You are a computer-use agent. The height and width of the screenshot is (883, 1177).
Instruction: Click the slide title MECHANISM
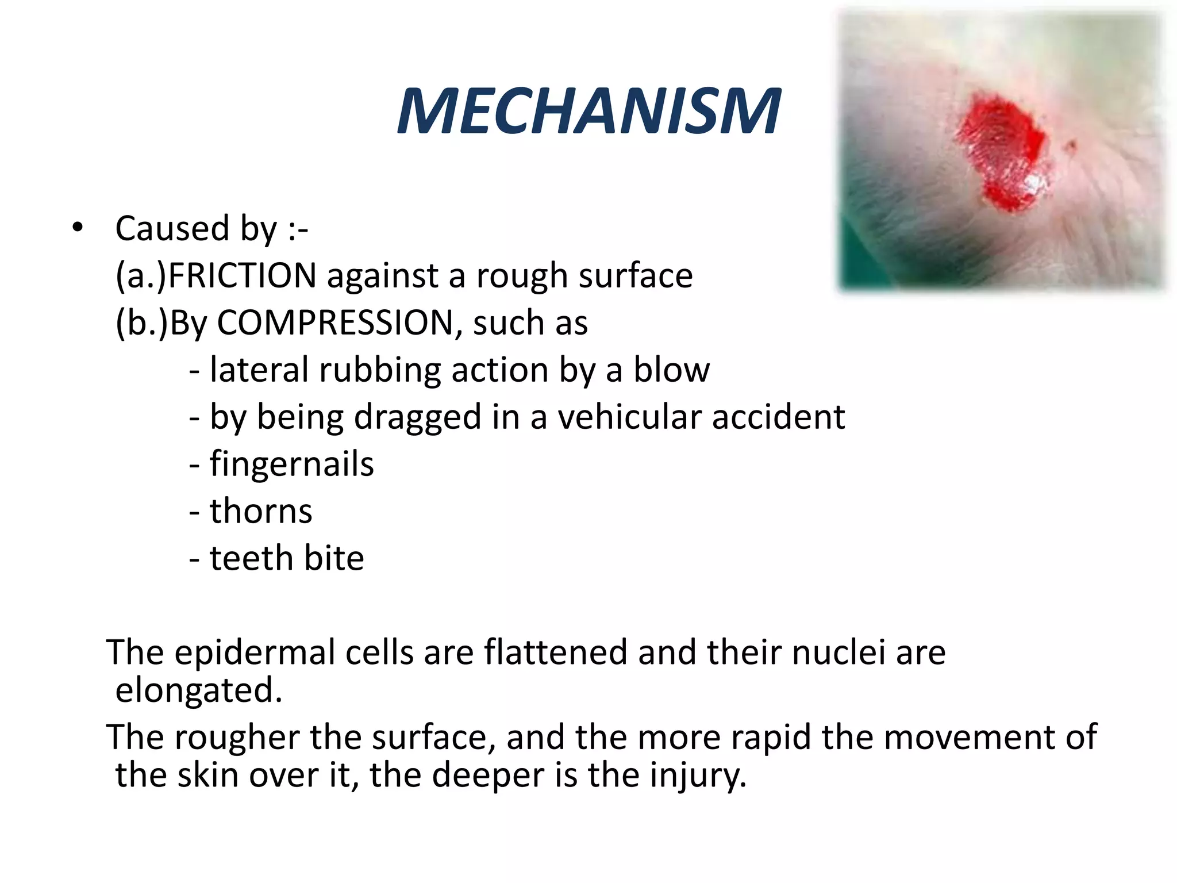click(x=588, y=112)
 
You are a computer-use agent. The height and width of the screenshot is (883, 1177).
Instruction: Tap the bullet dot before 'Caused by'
click(x=78, y=228)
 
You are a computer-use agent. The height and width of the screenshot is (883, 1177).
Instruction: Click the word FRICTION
click(x=242, y=275)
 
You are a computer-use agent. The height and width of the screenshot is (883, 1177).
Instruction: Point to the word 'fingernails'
click(x=291, y=464)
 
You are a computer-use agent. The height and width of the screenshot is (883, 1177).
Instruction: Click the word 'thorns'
click(x=261, y=511)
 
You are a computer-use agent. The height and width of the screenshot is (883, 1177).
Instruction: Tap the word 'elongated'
click(x=198, y=690)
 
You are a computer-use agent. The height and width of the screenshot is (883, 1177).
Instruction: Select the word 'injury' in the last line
click(x=698, y=775)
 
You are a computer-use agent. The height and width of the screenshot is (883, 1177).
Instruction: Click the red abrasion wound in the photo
click(x=1001, y=151)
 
